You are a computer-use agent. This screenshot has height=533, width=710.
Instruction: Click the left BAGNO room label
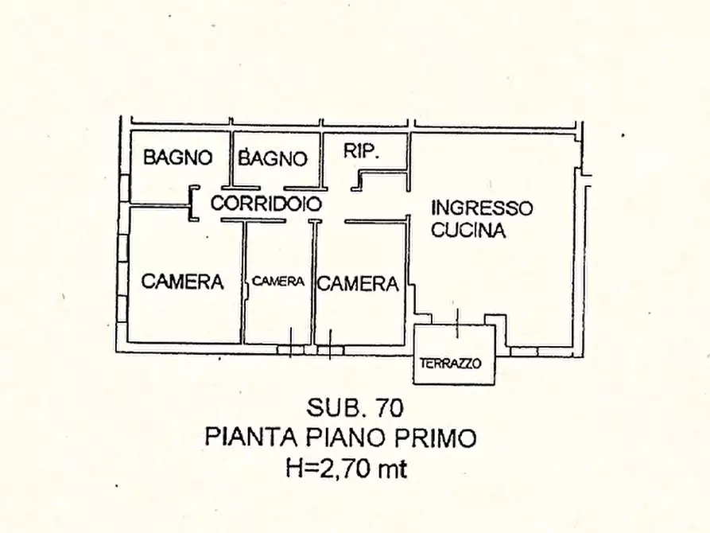(177, 158)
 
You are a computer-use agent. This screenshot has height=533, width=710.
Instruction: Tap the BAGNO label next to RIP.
(273, 158)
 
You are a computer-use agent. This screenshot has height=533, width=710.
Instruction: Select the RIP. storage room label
(362, 151)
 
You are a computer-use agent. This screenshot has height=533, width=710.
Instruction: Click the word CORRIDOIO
(266, 204)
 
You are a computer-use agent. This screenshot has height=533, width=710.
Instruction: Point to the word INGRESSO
(481, 208)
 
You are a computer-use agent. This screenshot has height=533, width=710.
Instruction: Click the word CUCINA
(468, 231)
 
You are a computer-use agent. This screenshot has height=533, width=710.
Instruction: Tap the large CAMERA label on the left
(182, 281)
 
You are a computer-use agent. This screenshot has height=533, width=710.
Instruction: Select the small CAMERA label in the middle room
(278, 281)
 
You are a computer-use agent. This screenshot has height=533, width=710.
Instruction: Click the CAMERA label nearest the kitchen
(358, 283)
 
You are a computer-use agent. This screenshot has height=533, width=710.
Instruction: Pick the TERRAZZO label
(451, 364)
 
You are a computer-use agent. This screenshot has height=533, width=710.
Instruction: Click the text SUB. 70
(355, 408)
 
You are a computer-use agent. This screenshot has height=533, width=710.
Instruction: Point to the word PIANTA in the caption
(243, 438)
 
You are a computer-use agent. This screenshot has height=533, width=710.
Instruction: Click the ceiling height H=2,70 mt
(346, 469)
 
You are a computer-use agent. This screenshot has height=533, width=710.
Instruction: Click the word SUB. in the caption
(333, 408)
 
